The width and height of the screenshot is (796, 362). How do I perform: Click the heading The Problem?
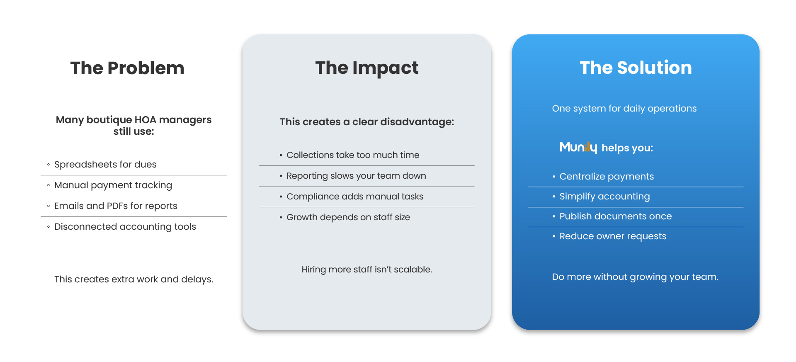pos(127,68)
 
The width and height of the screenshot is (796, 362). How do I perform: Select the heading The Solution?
pos(636,68)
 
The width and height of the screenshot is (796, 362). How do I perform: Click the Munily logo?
pos(578,148)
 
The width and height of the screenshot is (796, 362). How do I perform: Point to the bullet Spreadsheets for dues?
pos(105,165)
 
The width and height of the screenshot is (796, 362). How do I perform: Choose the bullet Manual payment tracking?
pos(113,185)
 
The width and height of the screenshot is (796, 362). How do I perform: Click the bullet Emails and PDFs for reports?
pos(116,206)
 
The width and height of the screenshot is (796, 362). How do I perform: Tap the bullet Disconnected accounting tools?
pos(125,227)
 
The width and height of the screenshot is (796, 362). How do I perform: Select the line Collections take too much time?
pos(353,155)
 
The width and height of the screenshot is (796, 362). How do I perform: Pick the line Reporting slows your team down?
pos(356,176)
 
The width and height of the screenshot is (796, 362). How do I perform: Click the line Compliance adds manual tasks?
pos(355,197)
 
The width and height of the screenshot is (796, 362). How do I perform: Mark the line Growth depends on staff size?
pos(348,217)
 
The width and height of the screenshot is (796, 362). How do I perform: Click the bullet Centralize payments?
pos(607,177)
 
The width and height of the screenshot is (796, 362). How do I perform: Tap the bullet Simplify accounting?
pos(604,197)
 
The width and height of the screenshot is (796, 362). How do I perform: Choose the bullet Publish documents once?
pos(616,216)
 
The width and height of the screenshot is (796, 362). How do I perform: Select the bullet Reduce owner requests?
pos(613,236)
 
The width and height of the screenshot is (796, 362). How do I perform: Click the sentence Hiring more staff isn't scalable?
pos(367,270)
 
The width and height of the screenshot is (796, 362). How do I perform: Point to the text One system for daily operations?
pos(624,109)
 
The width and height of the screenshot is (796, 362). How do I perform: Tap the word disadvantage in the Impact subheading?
pos(417,122)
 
